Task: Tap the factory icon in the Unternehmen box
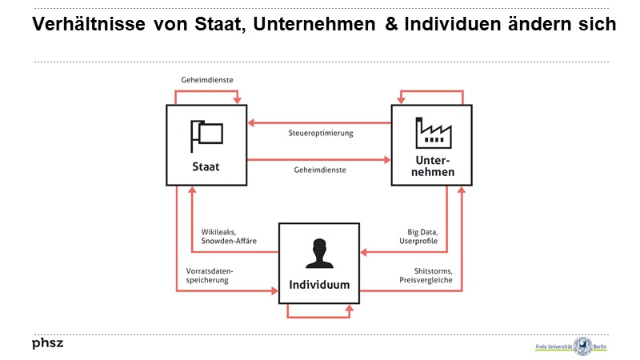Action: [431, 133]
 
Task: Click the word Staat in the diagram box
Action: [206, 167]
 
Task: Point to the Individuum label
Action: [318, 285]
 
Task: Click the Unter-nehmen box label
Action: [432, 166]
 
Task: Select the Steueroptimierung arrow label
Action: [320, 133]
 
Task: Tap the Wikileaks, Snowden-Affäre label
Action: [229, 236]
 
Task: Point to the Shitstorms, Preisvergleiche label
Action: [426, 275]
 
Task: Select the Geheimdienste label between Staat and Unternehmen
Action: [320, 170]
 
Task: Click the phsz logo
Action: [47, 343]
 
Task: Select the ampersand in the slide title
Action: [390, 25]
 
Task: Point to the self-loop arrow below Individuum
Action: [318, 316]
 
